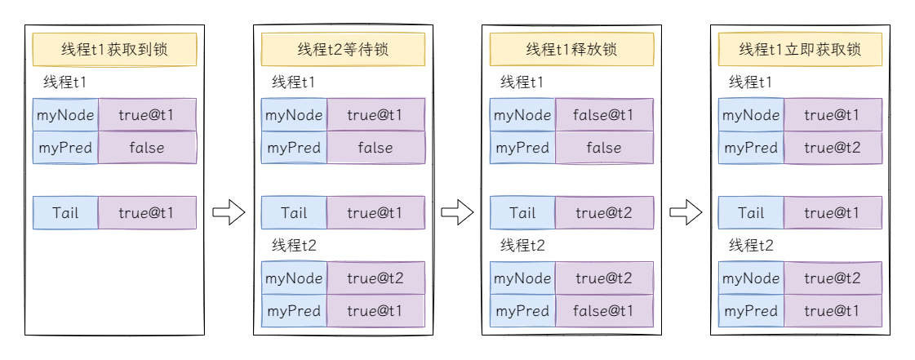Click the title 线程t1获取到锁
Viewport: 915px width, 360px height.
coord(114,49)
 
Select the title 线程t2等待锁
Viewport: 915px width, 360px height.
coord(343,49)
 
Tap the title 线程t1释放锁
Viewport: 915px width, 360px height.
coord(572,49)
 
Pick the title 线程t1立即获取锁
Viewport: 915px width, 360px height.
coord(800,49)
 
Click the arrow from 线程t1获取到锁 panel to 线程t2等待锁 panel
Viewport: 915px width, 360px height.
coord(229,211)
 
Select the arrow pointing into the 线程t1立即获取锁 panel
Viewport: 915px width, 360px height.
coord(686,211)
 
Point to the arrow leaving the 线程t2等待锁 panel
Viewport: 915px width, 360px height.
coord(457,211)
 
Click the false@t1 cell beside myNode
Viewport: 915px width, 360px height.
coord(604,115)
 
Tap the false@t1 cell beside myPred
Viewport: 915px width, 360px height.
coord(604,311)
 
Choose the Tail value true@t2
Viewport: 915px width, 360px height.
coord(604,213)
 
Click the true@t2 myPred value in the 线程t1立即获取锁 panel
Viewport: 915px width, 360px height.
coord(833,148)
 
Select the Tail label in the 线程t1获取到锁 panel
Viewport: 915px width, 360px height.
coord(65,213)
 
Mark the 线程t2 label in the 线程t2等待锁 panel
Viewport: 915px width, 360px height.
coord(294,246)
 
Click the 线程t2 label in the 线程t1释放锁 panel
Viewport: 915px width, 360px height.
coord(523,246)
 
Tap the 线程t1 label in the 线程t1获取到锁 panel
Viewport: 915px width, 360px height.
coord(65,82)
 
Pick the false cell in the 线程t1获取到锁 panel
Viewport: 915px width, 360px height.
coord(147,148)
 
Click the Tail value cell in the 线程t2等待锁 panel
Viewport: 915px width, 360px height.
coord(375,213)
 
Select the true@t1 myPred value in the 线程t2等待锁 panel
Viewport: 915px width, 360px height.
coord(375,311)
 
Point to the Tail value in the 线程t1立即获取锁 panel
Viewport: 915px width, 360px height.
coord(833,213)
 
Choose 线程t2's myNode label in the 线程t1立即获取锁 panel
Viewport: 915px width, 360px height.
coord(751,278)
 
